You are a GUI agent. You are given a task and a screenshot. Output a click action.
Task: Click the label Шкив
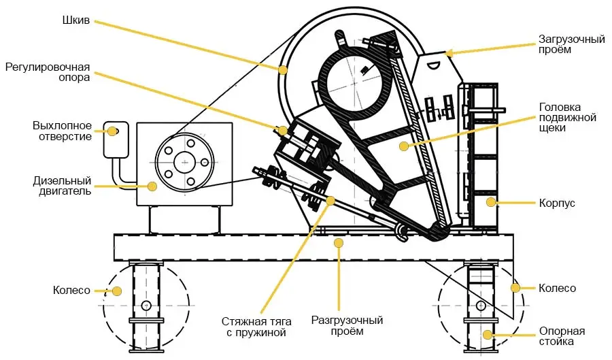(75, 20)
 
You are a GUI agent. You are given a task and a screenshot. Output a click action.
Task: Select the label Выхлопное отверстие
(62, 131)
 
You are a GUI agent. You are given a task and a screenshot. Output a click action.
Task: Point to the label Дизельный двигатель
(62, 186)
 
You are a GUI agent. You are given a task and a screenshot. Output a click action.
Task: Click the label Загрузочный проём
(571, 45)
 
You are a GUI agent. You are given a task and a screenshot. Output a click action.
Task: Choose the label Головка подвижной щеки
(567, 118)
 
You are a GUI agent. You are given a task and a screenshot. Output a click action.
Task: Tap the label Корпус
(558, 203)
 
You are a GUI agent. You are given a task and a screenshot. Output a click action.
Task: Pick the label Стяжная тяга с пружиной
(254, 327)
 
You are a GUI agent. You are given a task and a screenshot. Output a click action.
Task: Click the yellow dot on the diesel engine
(152, 185)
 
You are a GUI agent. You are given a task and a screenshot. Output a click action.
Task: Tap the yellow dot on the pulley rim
(283, 69)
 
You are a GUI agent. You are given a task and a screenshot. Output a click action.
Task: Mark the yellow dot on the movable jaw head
(403, 145)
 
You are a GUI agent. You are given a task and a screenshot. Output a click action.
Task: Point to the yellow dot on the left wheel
(116, 291)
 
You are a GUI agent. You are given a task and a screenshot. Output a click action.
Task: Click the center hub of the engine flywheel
(182, 162)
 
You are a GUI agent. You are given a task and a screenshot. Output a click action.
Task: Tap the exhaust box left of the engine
(114, 140)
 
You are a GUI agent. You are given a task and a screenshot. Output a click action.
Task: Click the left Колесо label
(71, 291)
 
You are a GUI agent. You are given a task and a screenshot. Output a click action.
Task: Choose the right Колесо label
(557, 289)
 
